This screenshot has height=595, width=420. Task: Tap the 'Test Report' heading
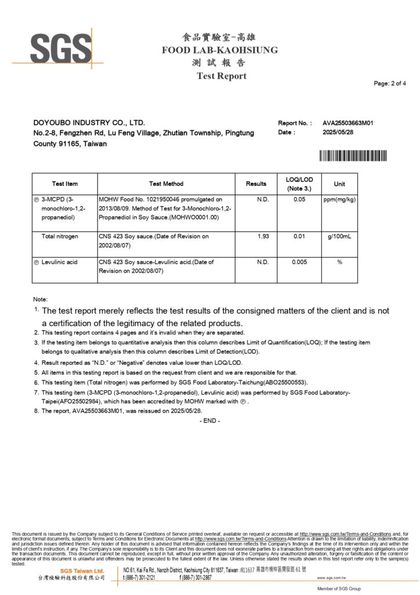click(x=221, y=76)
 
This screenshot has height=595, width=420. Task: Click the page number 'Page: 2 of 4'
click(x=390, y=84)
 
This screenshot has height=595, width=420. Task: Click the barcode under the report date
click(x=352, y=156)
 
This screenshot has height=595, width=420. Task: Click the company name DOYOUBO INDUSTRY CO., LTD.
click(x=89, y=123)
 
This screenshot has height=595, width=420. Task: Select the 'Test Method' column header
click(x=166, y=184)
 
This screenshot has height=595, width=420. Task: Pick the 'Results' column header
click(x=256, y=184)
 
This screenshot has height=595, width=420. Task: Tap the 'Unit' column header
click(x=339, y=184)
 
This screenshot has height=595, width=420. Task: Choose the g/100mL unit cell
click(x=339, y=236)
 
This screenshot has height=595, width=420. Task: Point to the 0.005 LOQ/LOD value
click(x=299, y=262)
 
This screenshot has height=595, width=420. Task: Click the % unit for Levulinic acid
click(x=339, y=262)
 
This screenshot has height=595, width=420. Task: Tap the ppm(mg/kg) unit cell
click(x=339, y=199)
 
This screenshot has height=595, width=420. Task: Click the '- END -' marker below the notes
click(x=209, y=421)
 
